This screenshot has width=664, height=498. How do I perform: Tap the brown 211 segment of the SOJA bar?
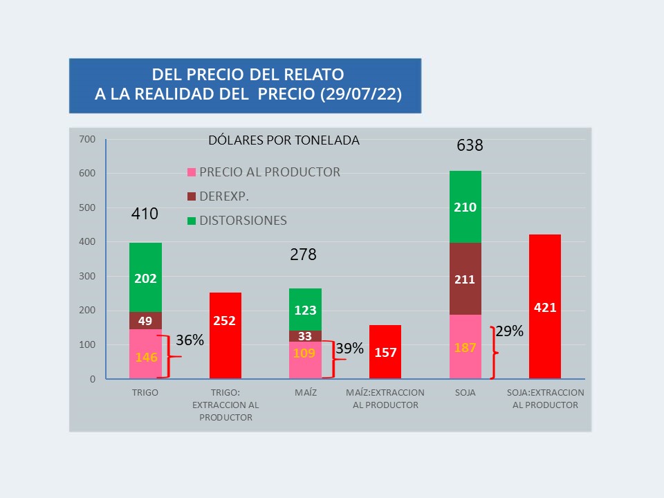pos(465,279)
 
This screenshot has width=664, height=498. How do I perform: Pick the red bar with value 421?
pos(545,306)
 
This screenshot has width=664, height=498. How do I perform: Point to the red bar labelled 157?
pos(385,351)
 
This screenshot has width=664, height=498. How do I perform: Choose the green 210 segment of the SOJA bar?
pos(465,207)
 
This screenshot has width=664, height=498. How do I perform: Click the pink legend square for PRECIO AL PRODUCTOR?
pos(192,172)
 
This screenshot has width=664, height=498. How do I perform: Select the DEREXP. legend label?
pos(224,196)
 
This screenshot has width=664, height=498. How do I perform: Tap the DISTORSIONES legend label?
pos(243,221)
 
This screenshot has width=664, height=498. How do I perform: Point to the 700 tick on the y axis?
pos(87,139)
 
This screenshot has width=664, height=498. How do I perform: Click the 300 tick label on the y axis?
pos(87,276)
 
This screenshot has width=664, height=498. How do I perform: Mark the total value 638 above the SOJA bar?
pos(470,146)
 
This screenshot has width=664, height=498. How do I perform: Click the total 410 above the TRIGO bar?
pos(145,214)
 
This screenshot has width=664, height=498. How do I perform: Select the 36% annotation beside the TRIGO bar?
pos(190,340)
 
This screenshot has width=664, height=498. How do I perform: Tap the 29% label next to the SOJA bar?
pos(509,331)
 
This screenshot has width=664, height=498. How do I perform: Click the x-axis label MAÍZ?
pos(305,393)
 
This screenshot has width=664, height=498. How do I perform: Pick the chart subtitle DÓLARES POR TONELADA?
pos(284,140)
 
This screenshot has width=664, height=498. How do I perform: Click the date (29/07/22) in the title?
pos(362,94)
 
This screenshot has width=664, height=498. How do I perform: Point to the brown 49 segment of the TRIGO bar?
pos(145,320)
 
